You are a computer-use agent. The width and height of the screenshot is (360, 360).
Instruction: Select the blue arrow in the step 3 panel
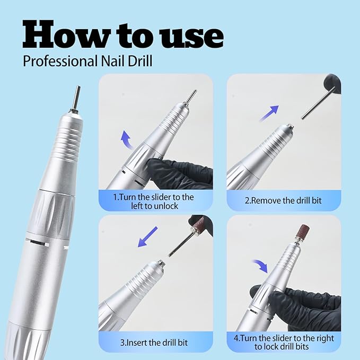tap(148, 236)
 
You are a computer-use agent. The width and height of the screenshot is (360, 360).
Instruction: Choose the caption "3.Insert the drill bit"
tap(154, 342)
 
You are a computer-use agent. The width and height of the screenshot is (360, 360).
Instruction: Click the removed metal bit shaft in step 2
tap(316, 103)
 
